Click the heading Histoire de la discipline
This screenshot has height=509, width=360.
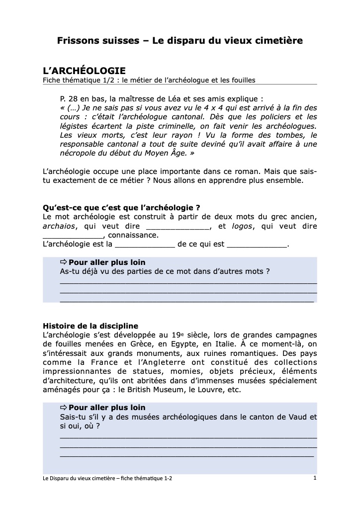(90, 326)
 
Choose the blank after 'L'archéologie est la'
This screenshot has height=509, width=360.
(145, 246)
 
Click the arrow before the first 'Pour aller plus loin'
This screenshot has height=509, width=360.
(63, 262)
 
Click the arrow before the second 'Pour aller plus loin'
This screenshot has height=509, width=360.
(63, 408)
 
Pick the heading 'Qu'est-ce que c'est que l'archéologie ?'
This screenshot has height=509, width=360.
(122, 208)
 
